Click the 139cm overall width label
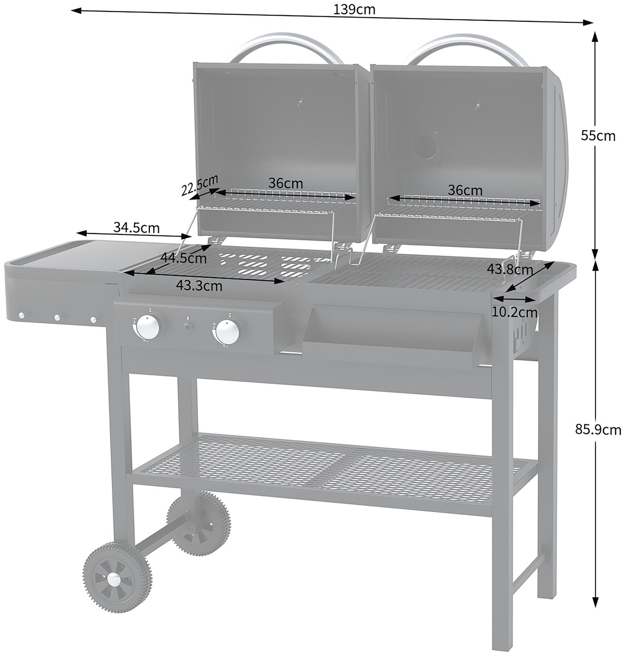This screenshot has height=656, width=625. (x=354, y=9)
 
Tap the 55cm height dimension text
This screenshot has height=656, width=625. (x=597, y=136)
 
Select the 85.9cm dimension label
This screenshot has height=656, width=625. (x=597, y=430)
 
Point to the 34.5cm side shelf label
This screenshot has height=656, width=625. (x=136, y=227)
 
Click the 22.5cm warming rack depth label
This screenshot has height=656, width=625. (x=199, y=185)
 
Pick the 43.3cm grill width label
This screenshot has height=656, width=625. (x=199, y=286)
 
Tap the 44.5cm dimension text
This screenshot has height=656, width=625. (x=184, y=258)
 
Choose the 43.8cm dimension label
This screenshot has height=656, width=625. (x=510, y=269)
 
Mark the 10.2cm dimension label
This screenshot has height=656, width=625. (x=515, y=312)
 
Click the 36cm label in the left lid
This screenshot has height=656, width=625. (x=285, y=183)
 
